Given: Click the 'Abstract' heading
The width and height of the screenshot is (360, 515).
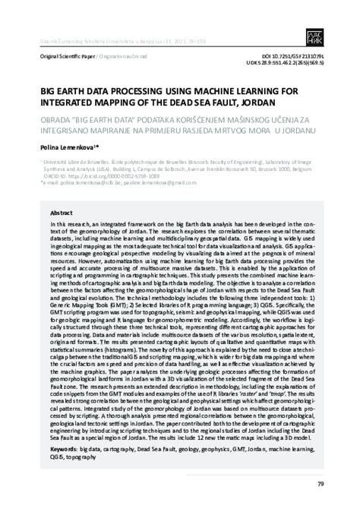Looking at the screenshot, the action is pos(62,214).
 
